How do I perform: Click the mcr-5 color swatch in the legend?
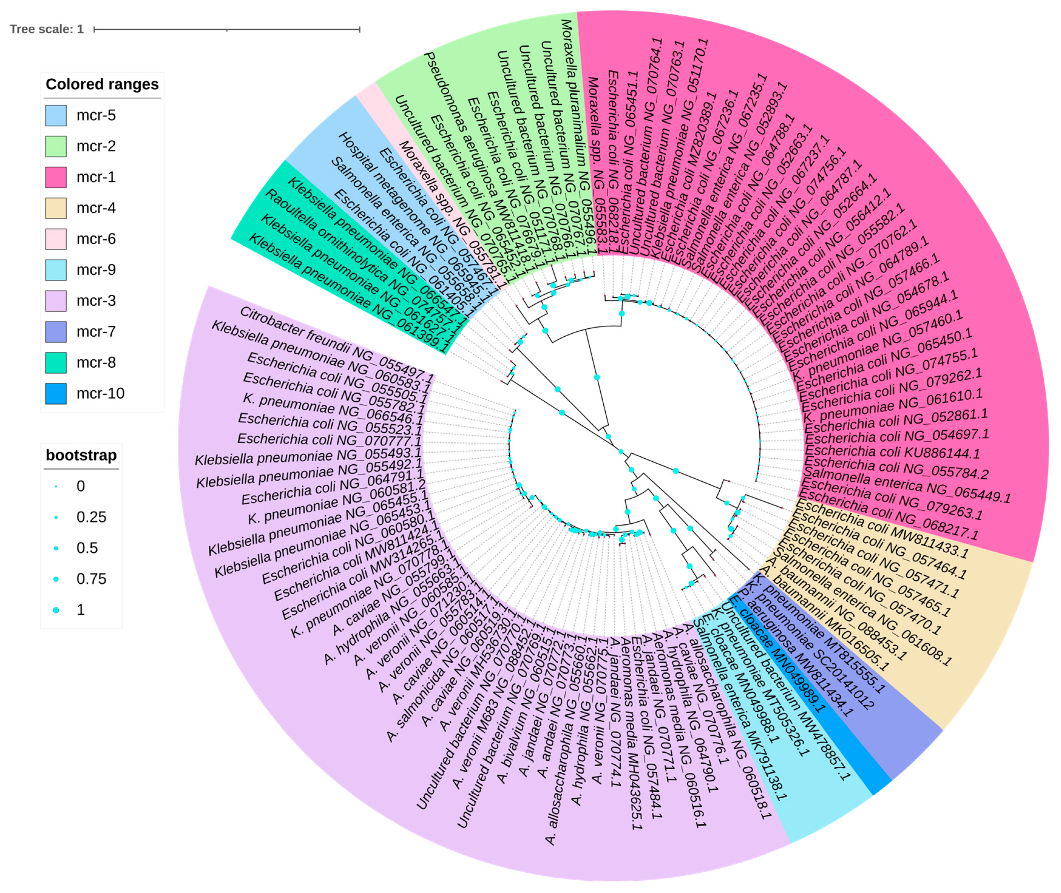pyautogui.click(x=56, y=115)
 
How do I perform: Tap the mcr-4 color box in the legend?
pyautogui.click(x=56, y=208)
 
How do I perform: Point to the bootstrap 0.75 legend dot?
pyautogui.click(x=56, y=579)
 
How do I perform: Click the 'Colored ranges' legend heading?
pyautogui.click(x=102, y=84)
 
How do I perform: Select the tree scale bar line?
pyautogui.click(x=226, y=29)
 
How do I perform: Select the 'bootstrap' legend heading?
pyautogui.click(x=81, y=455)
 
